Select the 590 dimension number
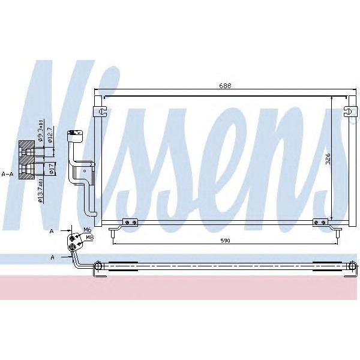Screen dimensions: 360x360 224,241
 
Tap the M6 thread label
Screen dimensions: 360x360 88,230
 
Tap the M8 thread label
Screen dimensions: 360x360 89,237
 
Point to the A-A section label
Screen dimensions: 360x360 8,174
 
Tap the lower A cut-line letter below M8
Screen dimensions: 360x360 52,257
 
